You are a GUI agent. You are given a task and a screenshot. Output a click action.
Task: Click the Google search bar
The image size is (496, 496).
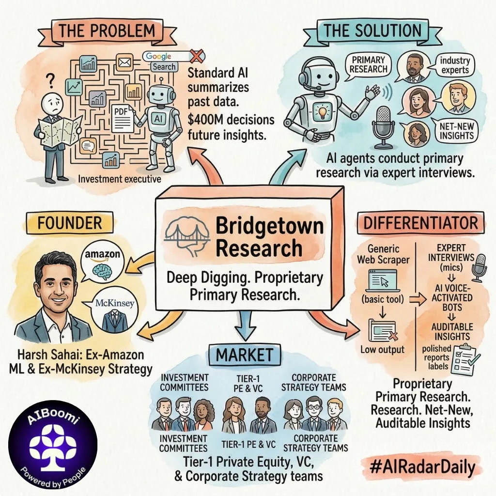[165, 57]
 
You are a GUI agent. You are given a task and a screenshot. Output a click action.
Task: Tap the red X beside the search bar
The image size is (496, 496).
[195, 57]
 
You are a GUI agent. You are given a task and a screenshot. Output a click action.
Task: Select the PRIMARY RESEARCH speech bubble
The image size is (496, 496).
[369, 65]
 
